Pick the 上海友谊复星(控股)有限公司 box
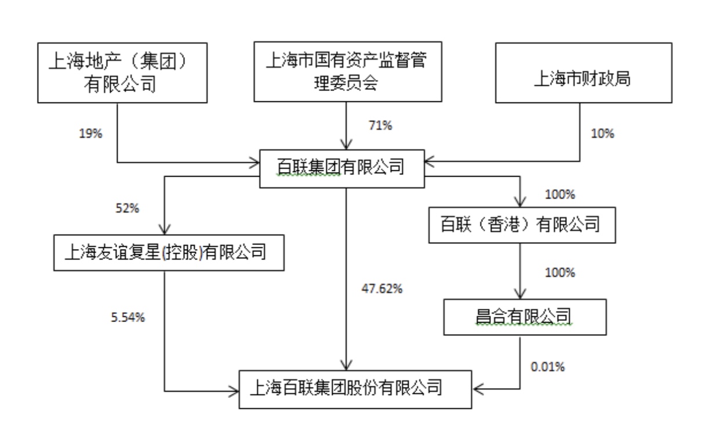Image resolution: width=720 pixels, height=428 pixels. pos(169,253)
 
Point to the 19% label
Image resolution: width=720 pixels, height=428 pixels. pos(90,134)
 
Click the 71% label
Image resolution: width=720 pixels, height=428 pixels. pos(380,126)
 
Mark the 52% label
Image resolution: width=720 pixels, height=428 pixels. pos(128,208)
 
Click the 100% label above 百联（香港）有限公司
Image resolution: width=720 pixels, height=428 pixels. pos(560,195)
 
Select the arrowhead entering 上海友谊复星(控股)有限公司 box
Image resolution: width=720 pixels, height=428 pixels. pos(165,228)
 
